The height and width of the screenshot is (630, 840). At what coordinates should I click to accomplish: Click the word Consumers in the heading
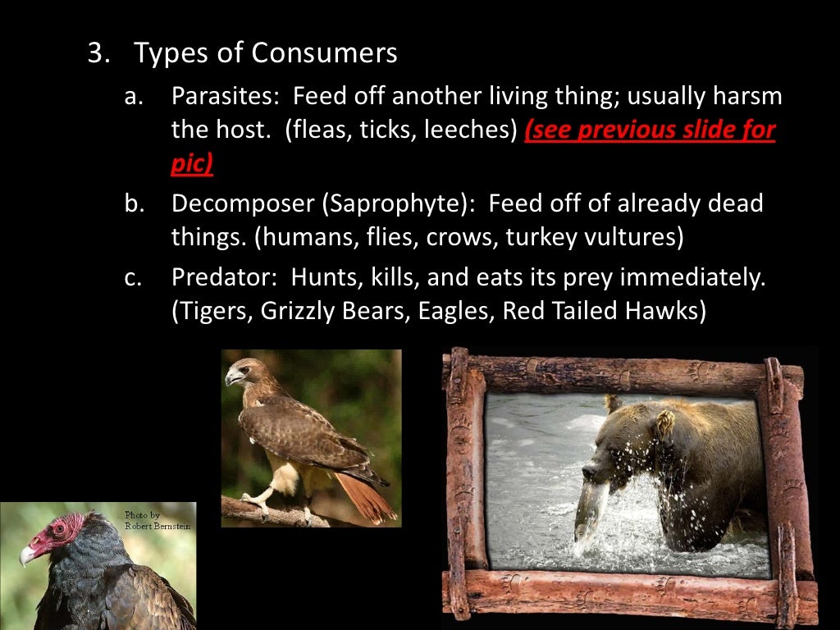click(x=324, y=53)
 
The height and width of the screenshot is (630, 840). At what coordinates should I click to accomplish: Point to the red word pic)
click(x=192, y=162)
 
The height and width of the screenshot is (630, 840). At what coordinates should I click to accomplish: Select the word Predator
click(x=217, y=277)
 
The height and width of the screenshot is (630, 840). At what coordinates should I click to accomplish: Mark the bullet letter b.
click(x=133, y=203)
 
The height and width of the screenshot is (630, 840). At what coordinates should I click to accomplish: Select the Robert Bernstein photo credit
click(x=156, y=520)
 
